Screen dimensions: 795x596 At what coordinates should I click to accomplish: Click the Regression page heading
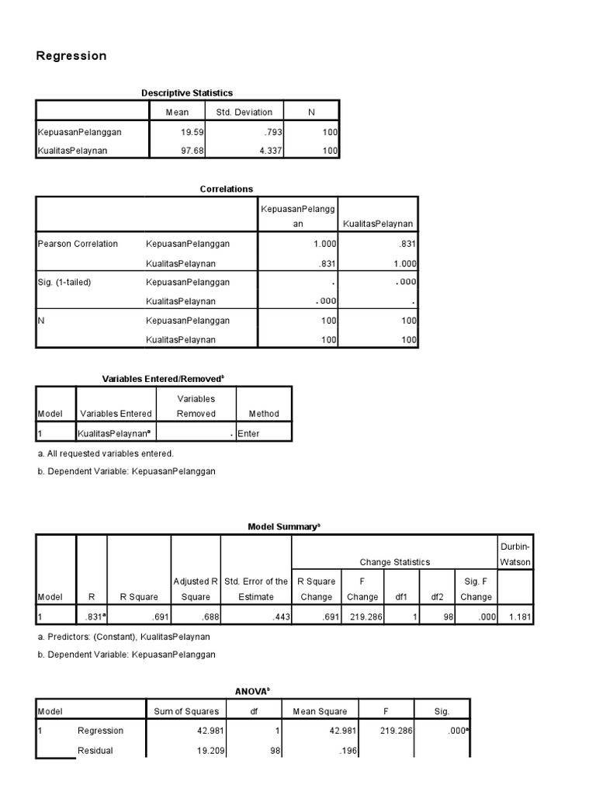pos(71,56)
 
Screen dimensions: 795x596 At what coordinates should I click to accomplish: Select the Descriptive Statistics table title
pos(187,93)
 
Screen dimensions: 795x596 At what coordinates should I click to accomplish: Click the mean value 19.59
pos(191,132)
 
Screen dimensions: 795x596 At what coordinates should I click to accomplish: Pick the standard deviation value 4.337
pos(259,151)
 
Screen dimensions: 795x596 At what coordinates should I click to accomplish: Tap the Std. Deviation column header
pos(244,113)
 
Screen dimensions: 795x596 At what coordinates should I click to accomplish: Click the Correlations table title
pos(227,189)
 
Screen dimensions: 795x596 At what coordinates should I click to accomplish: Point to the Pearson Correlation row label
pos(78,244)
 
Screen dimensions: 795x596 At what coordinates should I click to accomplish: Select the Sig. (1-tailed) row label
pos(64,283)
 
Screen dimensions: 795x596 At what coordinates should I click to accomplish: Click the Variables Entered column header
pos(116,414)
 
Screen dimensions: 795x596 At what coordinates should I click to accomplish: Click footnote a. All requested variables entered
pos(106,453)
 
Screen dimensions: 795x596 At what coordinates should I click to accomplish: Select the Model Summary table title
pos(283,526)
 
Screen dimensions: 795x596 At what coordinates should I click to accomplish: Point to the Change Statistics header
pos(394,562)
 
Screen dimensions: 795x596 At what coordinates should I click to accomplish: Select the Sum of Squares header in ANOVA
pos(186,711)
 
